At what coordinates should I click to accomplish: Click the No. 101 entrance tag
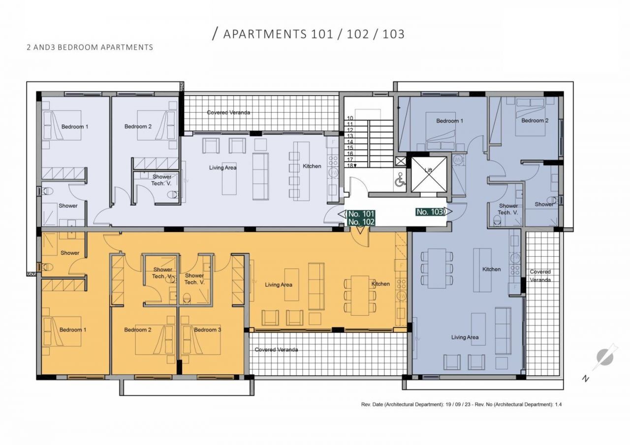(x=361, y=214)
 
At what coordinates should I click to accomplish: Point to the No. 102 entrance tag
(x=361, y=222)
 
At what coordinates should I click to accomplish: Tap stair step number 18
(x=351, y=166)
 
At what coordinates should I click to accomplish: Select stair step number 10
(x=350, y=119)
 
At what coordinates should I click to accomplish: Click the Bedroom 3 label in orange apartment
(x=207, y=329)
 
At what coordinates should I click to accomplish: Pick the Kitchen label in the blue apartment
(x=491, y=269)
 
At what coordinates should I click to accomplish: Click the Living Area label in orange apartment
(x=279, y=285)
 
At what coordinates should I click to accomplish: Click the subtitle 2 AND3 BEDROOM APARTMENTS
(x=90, y=48)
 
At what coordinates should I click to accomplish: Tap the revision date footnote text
(x=461, y=404)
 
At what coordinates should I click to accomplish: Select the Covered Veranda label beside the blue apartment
(x=540, y=275)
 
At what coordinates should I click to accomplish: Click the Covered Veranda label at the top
(x=228, y=113)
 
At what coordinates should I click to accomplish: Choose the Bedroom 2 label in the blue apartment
(x=533, y=120)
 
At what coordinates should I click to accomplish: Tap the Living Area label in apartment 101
(x=222, y=168)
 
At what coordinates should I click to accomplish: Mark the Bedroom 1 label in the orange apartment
(x=73, y=329)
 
